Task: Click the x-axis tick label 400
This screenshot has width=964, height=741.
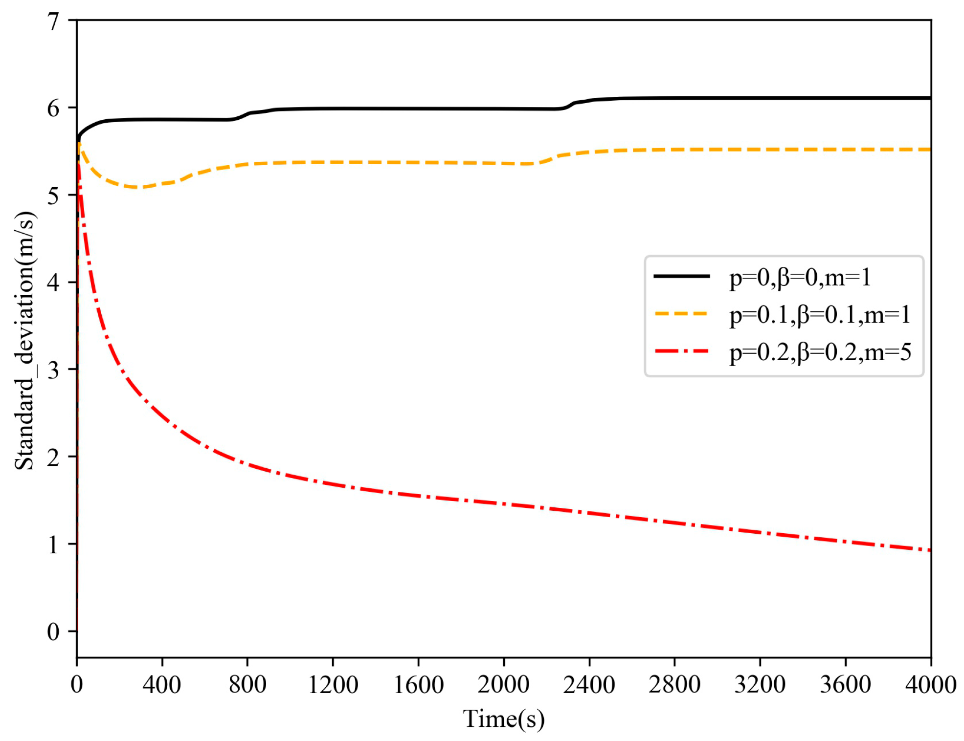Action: (161, 685)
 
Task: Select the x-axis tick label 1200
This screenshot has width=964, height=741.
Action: (333, 685)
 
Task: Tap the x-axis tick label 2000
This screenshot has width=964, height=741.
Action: (503, 685)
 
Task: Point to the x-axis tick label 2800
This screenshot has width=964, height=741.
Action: (674, 685)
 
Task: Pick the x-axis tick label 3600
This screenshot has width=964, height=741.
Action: (845, 685)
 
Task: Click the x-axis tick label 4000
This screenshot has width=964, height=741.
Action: (930, 685)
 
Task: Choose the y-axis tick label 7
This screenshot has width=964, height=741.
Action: (53, 22)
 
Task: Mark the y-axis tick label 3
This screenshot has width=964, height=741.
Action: (53, 370)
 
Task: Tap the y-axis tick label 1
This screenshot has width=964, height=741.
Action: (53, 545)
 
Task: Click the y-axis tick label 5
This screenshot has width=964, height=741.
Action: (53, 196)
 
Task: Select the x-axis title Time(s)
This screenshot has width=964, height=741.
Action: (503, 719)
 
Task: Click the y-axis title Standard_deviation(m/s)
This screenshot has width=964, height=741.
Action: (24, 341)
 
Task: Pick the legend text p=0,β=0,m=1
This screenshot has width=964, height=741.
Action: (800, 277)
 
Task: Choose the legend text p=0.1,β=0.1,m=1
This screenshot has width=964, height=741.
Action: (820, 314)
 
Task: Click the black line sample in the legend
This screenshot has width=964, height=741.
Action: (681, 276)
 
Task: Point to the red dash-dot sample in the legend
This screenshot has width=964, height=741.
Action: (681, 351)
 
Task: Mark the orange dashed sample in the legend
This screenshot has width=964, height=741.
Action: (681, 313)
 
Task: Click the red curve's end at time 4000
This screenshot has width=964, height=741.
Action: (929, 550)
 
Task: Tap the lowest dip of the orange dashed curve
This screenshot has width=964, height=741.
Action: (138, 187)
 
